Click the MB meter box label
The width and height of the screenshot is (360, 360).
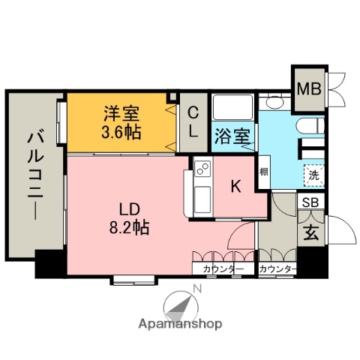coord(309,89)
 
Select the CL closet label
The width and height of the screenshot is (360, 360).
coord(193,123)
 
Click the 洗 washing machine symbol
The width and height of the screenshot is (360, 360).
coord(312,174)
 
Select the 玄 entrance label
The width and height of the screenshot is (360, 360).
coord(309,232)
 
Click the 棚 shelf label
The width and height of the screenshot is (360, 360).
coord(264,172)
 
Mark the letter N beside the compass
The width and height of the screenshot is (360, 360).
coord(196,288)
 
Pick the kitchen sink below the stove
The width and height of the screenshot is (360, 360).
coord(201,199)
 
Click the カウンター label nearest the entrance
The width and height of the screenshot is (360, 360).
coord(277,269)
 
